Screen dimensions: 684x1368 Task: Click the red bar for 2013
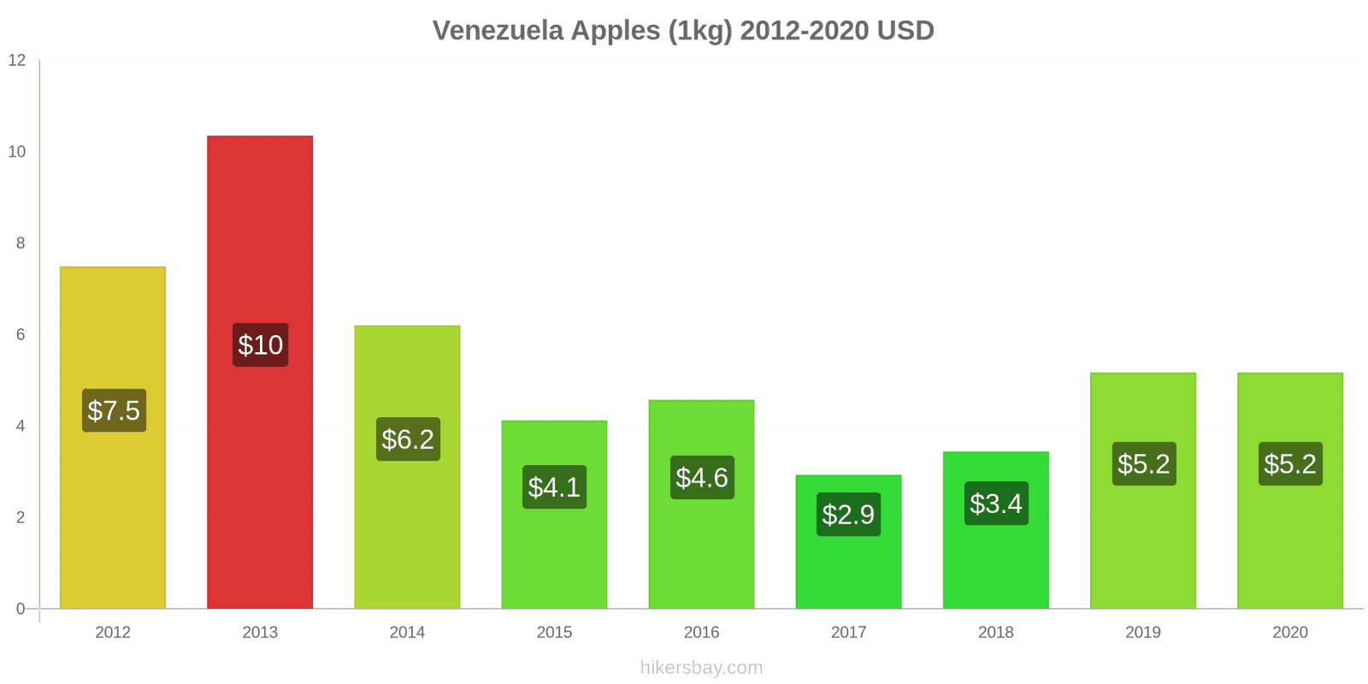260,239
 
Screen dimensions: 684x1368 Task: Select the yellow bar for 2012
113,333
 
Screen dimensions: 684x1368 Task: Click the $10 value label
260,345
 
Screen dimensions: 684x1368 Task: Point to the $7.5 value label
114,410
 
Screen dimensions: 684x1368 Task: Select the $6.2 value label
408,439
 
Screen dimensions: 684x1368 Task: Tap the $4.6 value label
702,477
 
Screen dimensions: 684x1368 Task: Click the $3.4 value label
996,504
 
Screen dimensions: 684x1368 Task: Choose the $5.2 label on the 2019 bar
1143,463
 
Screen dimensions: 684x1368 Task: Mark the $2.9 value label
848,515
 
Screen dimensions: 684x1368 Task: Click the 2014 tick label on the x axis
407,633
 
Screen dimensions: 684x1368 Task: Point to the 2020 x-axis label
1289,633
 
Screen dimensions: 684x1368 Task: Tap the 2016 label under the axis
701,633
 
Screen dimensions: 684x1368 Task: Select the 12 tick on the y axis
17,61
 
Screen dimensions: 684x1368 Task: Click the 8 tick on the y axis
21,244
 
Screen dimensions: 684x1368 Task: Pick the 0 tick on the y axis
21,609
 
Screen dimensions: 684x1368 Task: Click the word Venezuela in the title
498,31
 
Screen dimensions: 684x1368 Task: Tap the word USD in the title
905,31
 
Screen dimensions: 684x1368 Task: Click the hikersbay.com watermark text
701,668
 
